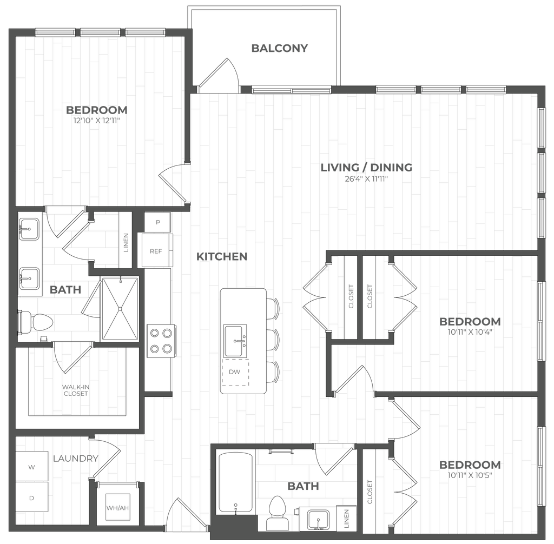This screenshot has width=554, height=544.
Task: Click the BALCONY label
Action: click(x=279, y=48)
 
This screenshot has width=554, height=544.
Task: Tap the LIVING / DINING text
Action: click(x=367, y=167)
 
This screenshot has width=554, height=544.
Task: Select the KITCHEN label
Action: click(x=222, y=256)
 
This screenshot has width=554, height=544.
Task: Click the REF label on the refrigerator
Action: click(x=156, y=250)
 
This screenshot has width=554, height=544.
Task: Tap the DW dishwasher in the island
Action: click(x=234, y=372)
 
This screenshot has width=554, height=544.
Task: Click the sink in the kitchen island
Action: click(x=235, y=340)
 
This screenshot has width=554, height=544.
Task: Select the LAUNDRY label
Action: click(x=76, y=459)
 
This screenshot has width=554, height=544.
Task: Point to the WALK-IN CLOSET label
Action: click(x=76, y=390)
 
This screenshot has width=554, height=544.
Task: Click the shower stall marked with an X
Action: click(x=119, y=308)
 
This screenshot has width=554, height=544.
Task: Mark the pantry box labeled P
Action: click(x=158, y=221)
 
